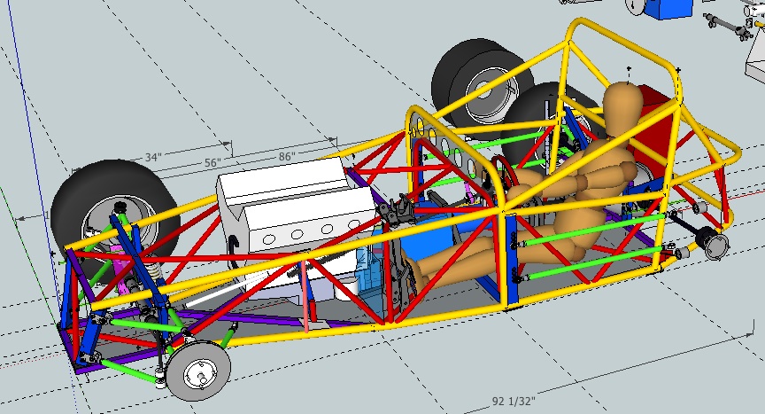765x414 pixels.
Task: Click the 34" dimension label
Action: tap(152, 157)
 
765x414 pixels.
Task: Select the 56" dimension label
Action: tap(211, 163)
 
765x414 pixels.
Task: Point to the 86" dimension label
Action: tap(286, 154)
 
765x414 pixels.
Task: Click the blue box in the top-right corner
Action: tap(669, 8)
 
